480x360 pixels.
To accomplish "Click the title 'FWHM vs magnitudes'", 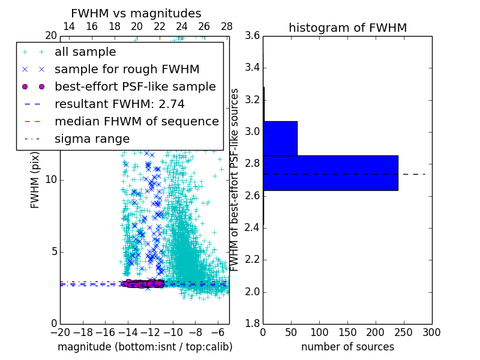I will click(136, 13).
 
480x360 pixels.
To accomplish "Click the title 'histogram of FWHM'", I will click(347, 28).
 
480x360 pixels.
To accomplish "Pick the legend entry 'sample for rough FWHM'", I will click(127, 70).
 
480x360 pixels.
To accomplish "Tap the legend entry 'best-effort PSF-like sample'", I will click(135, 87).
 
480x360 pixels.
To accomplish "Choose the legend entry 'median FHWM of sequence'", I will click(136, 122).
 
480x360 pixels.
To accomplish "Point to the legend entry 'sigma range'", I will click(92, 139).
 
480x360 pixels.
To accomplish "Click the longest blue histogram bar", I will click(330, 173).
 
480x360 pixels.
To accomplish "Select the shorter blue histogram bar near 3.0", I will click(280, 138).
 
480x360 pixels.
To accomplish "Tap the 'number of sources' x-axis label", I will click(347, 347).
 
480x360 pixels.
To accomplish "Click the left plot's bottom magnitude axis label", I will click(145, 347).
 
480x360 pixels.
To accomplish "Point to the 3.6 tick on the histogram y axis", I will click(252, 36).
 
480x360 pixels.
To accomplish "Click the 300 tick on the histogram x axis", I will click(431, 332).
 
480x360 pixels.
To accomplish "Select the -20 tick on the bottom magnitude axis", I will click(60, 332).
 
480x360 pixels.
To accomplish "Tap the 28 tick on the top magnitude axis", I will click(226, 27).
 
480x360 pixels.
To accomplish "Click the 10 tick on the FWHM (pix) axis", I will click(51, 180).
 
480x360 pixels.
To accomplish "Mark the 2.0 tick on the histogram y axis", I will click(252, 292).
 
